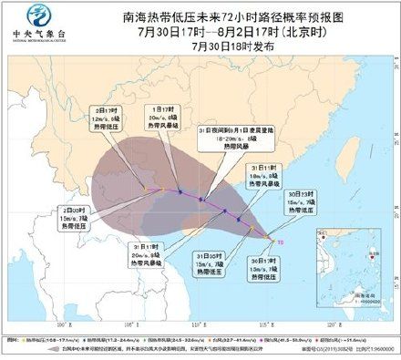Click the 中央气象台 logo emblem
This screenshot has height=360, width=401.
[x=39, y=15]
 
